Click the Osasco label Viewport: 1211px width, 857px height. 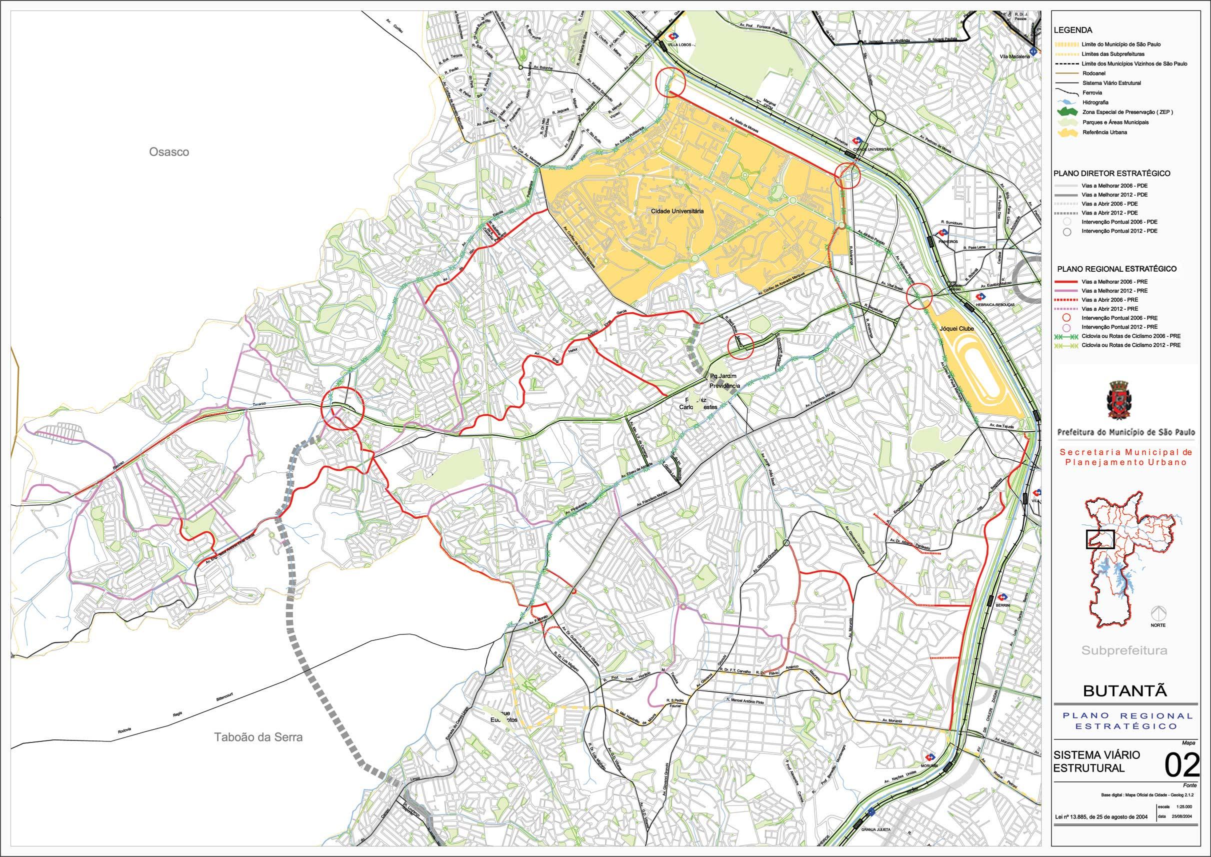click(168, 152)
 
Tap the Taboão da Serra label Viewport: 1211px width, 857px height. click(258, 737)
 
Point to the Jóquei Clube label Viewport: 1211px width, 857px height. click(956, 328)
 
